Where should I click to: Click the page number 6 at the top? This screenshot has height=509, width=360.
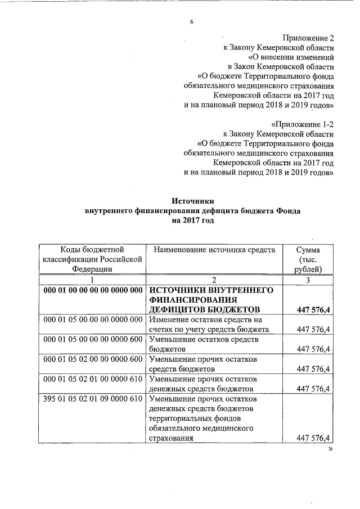tap(191, 22)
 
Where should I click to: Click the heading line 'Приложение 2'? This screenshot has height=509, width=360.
tap(307, 38)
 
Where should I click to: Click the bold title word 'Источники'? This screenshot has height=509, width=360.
tap(193, 201)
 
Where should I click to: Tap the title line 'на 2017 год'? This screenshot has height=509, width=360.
tap(193, 220)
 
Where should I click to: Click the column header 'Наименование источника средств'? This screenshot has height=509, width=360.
tap(214, 250)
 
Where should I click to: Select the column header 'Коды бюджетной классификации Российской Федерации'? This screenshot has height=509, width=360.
tap(92, 259)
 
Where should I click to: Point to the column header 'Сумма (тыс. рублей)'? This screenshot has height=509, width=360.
tap(308, 259)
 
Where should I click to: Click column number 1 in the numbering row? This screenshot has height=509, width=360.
tap(92, 280)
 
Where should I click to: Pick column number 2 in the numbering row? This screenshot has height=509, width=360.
tap(214, 280)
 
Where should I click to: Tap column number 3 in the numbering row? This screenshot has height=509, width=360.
tap(308, 280)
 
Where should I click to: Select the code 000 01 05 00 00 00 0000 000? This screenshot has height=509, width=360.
tap(92, 319)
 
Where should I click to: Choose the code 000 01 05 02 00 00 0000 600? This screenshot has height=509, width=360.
tap(92, 359)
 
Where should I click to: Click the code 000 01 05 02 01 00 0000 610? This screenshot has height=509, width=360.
tap(92, 379)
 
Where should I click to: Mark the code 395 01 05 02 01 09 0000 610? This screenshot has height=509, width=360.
tap(92, 399)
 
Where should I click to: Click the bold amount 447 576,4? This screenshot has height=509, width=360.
tap(312, 310)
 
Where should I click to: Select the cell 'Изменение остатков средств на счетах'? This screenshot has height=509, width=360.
tap(209, 325)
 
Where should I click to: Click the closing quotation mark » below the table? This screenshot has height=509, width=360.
tap(331, 451)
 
